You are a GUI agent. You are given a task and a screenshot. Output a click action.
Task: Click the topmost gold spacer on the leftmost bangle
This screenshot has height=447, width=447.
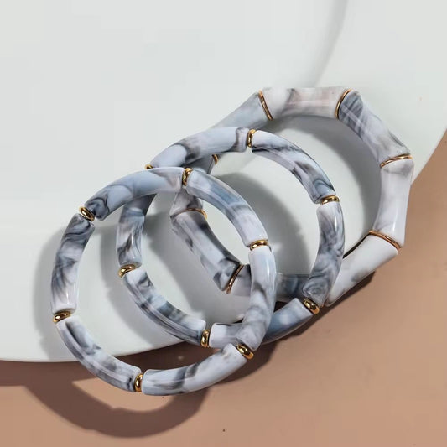click(x=187, y=176)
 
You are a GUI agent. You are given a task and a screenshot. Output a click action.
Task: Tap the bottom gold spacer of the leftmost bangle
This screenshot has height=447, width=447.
click(x=138, y=382)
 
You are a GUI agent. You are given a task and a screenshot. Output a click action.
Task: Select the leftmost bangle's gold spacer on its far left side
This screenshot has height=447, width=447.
click(x=62, y=316)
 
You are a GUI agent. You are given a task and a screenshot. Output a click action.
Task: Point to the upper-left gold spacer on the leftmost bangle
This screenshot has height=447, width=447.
click(x=87, y=214)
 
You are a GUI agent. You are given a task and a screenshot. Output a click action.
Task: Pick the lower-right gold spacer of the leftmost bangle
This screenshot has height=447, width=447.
click(x=244, y=350)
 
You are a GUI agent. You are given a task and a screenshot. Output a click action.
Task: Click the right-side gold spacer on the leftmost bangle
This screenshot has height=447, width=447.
click(x=258, y=245)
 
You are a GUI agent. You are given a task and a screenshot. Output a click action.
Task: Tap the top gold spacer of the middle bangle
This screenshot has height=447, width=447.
click(x=251, y=138)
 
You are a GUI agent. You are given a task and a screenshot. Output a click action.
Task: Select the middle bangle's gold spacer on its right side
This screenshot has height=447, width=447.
click(x=330, y=200)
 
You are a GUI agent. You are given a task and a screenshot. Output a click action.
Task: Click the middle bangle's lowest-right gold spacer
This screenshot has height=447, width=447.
click(x=311, y=305)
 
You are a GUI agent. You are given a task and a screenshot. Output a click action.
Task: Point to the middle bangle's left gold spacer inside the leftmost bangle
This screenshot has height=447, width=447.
click(x=127, y=270)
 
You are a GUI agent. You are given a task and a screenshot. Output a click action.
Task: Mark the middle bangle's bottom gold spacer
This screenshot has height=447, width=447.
click(x=205, y=337)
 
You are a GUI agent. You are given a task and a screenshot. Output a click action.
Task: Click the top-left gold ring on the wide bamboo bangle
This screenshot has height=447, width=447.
click(x=265, y=106)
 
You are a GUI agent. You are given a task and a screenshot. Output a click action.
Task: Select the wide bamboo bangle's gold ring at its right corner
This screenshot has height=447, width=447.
click(x=395, y=160)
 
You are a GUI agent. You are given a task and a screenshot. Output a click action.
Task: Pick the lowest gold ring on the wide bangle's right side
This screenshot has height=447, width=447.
click(x=384, y=240)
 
